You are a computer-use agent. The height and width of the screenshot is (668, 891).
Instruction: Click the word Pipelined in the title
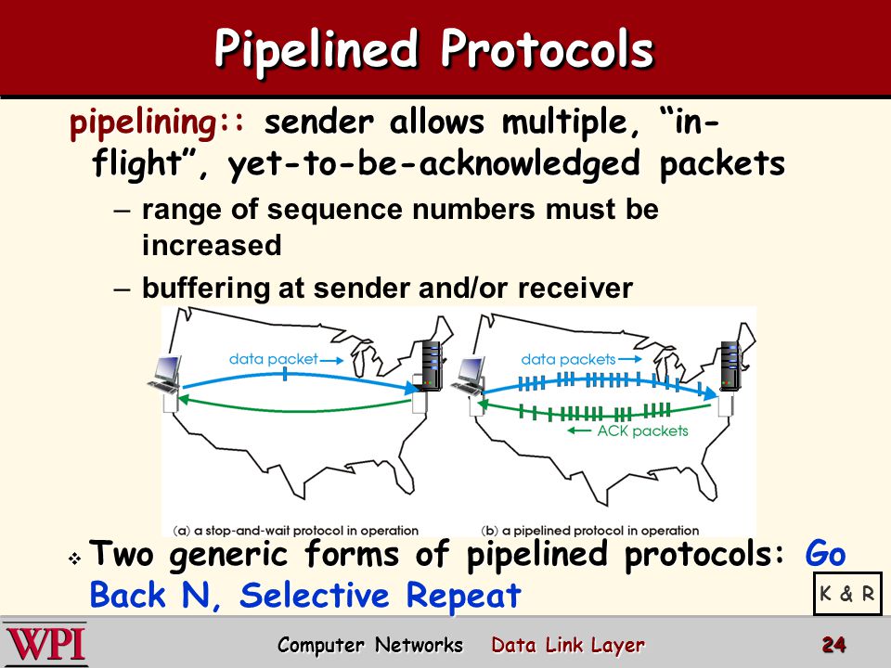tap(316, 50)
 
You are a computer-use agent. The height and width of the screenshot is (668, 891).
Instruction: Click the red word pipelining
tap(143, 123)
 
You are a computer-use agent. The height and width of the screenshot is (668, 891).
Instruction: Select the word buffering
tap(205, 289)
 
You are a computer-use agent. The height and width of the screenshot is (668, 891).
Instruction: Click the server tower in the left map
tap(430, 366)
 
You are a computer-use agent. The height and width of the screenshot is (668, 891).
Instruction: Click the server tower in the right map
tap(731, 366)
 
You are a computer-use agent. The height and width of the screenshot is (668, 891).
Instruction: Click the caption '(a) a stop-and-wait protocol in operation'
tap(295, 531)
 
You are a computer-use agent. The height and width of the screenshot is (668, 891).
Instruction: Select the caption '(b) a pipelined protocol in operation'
tap(590, 531)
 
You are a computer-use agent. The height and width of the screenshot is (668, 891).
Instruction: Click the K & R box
tap(847, 594)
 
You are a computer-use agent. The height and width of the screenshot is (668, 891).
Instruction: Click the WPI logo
tap(45, 645)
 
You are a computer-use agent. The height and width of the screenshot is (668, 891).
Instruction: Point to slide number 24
tap(833, 645)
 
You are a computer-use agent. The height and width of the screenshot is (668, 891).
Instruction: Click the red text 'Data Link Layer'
tap(568, 646)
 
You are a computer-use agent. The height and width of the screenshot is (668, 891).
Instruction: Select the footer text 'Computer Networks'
tap(370, 646)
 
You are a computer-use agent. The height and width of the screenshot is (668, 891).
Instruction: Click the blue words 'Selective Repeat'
tap(381, 596)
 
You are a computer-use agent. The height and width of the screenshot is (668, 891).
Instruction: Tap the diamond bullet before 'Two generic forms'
tap(74, 559)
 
